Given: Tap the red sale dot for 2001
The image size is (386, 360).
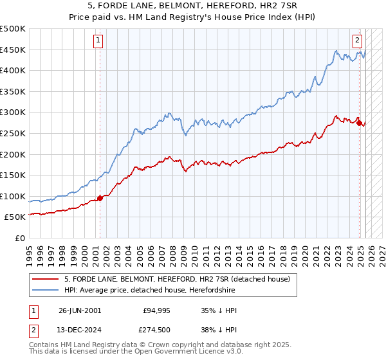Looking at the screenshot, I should coord(100,198).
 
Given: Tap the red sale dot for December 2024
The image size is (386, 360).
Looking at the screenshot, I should coord(359,123).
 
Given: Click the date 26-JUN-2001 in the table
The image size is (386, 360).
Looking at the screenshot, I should coord(80,310).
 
